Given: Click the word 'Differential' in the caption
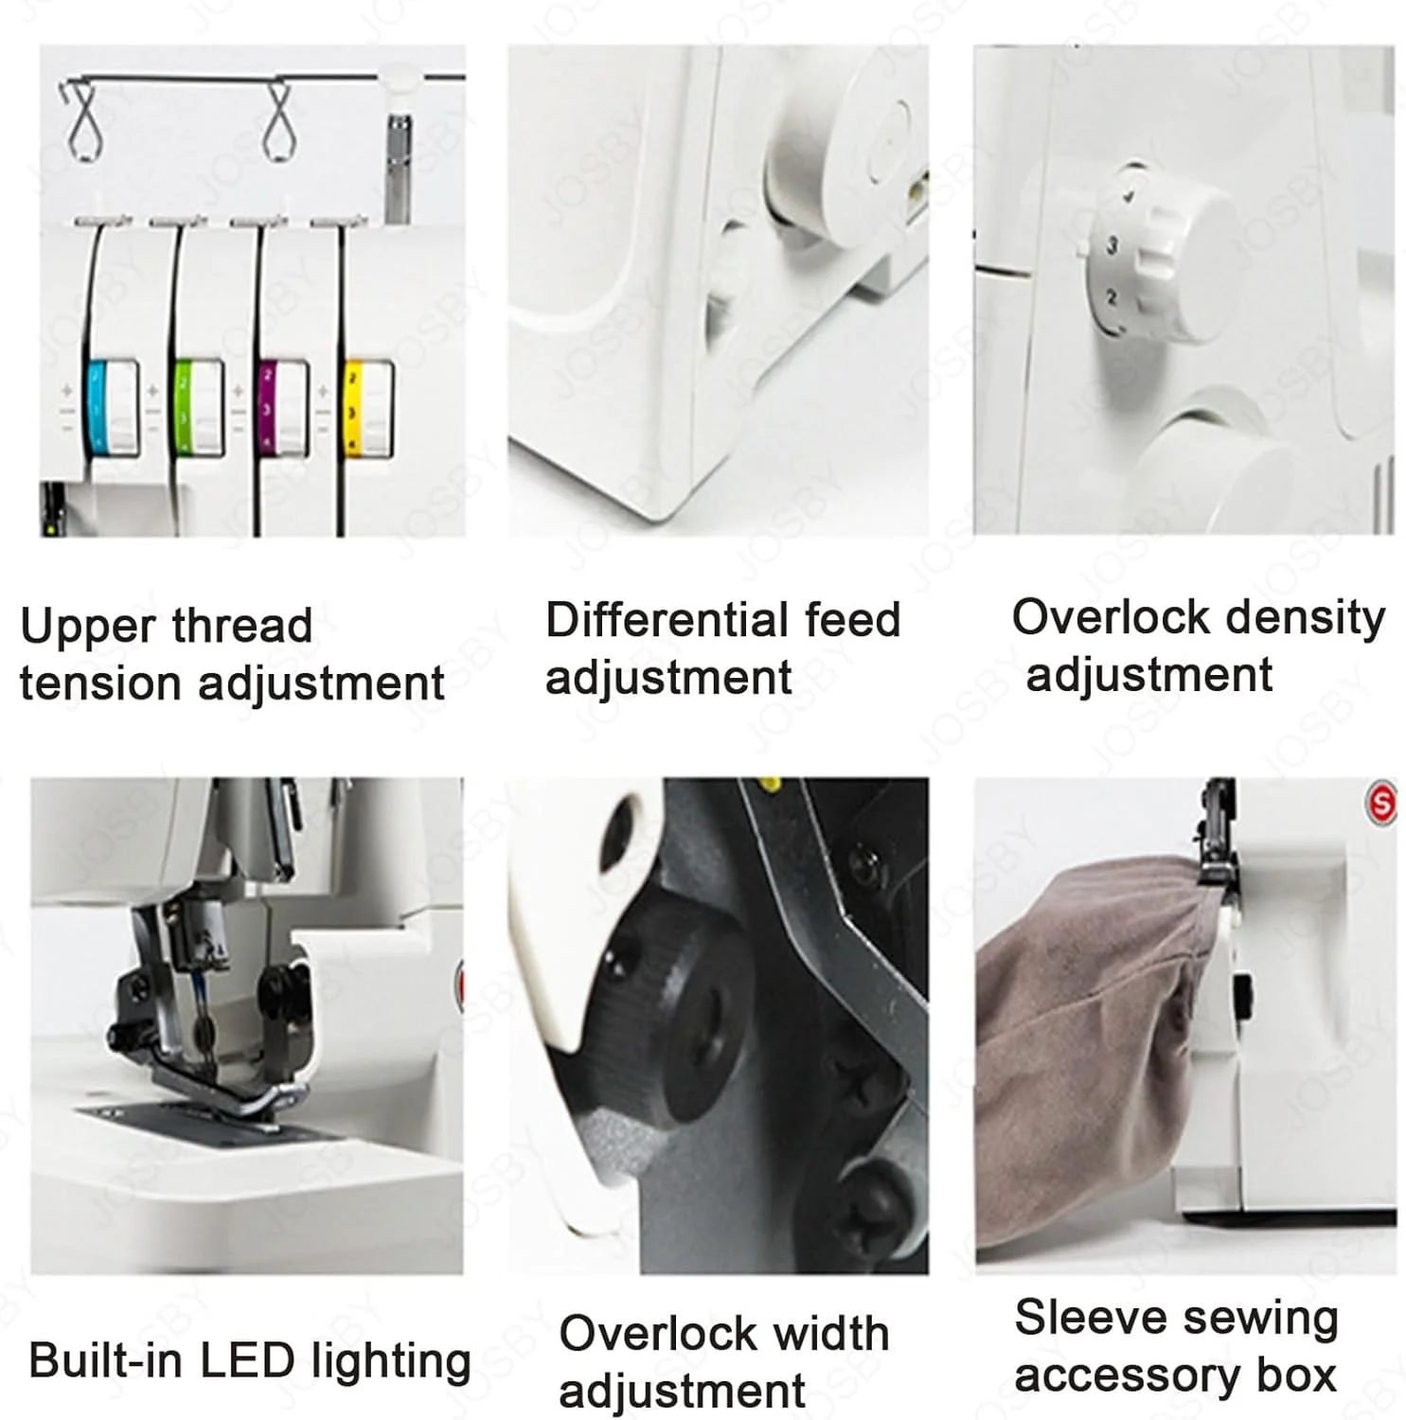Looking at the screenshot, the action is [x=667, y=620].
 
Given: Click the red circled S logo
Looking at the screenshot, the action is [x=1381, y=804].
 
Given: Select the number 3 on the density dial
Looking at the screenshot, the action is [x=1112, y=245].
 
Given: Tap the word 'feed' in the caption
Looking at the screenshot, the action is [x=852, y=620].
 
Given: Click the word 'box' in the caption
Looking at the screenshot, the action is [x=1296, y=1375].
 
